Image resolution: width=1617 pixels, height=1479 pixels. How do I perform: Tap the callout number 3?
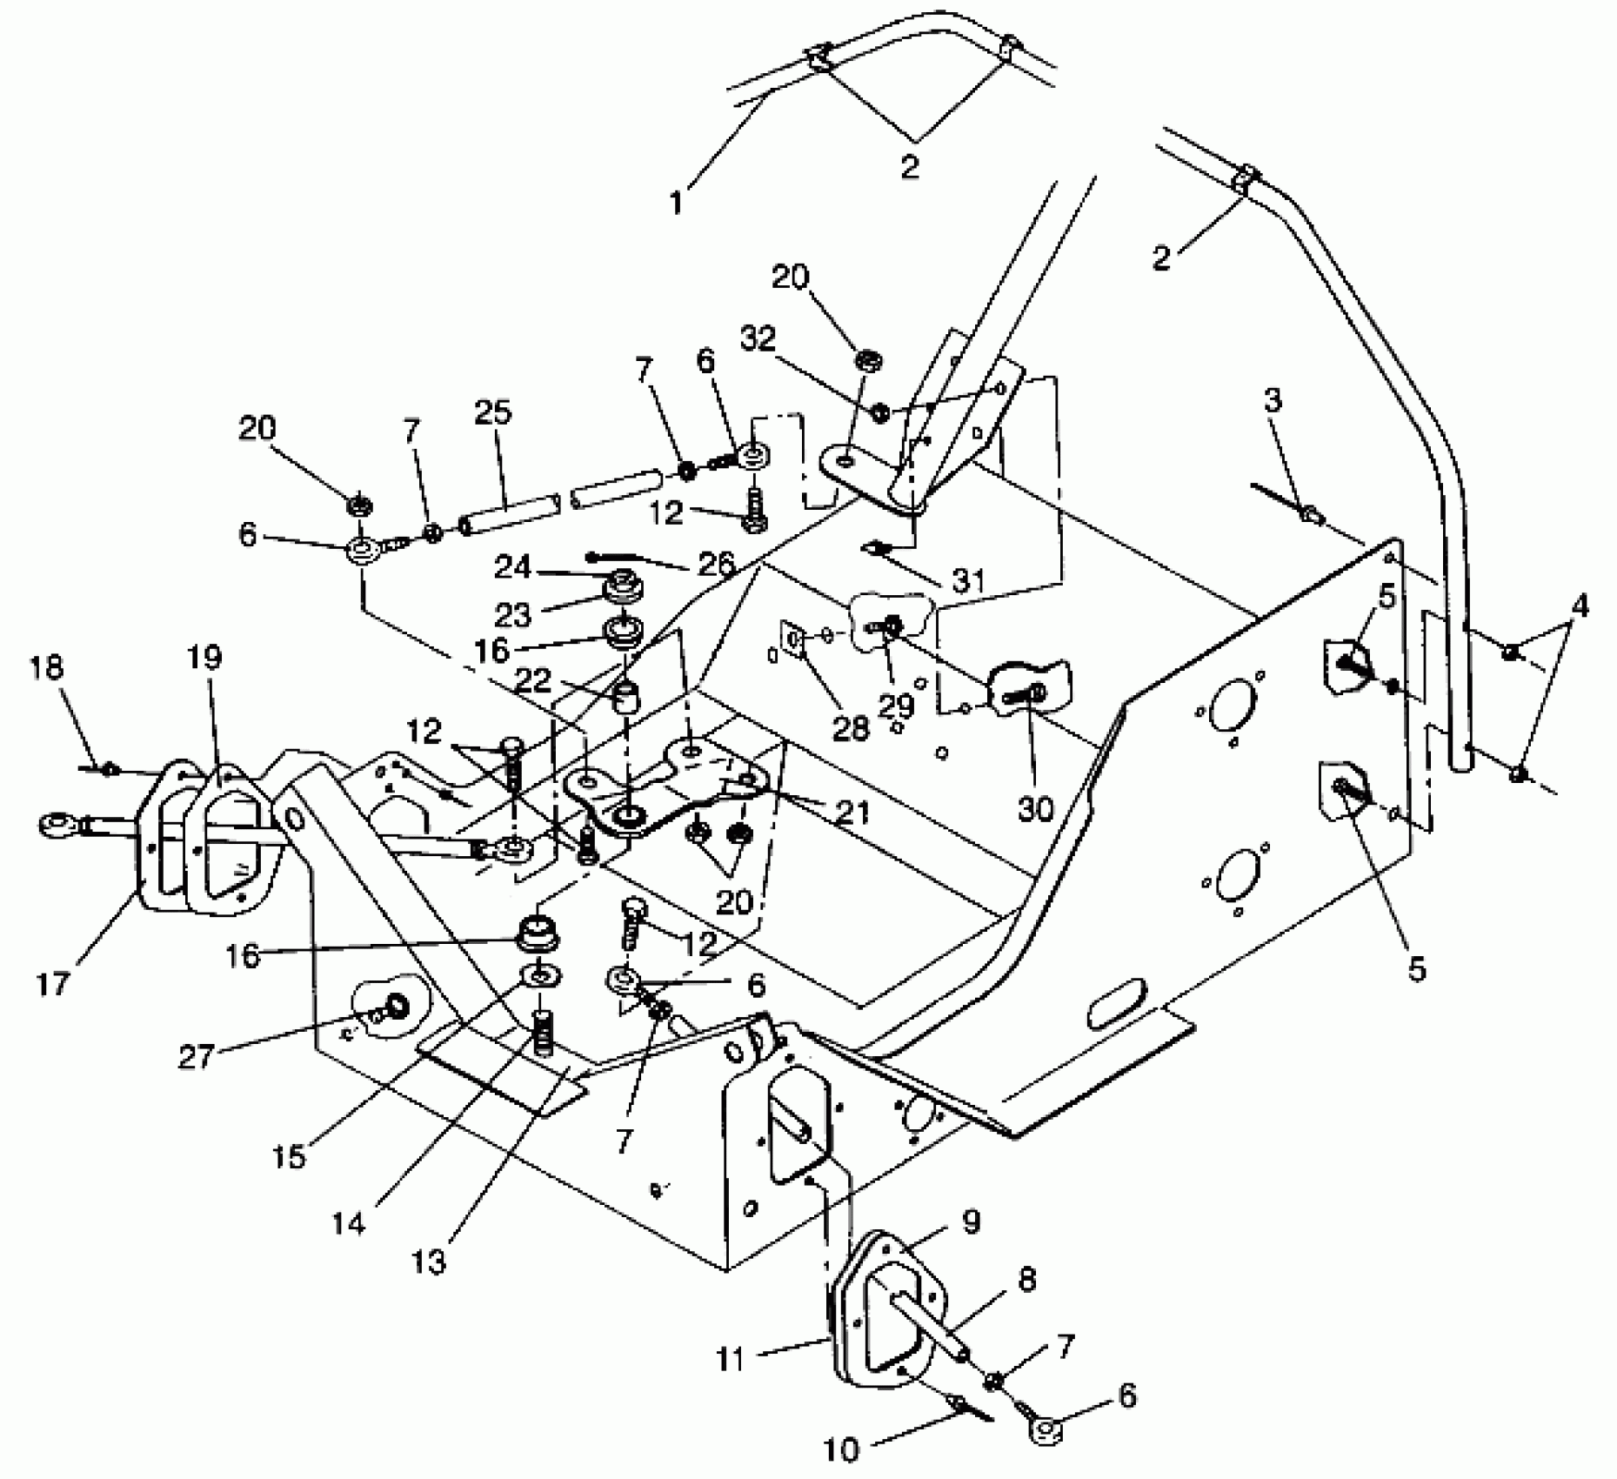(1273, 401)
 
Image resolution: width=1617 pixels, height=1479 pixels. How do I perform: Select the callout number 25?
(493, 412)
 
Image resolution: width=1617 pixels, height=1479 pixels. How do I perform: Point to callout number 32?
(758, 338)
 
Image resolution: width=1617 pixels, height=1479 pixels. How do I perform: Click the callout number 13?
(430, 1260)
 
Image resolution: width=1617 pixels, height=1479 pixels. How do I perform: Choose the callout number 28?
(851, 728)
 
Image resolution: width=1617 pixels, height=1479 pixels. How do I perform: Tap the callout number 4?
(1580, 606)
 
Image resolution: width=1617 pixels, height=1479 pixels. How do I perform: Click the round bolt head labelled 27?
(398, 1006)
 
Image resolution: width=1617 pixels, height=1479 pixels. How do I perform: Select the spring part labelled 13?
(541, 1035)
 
